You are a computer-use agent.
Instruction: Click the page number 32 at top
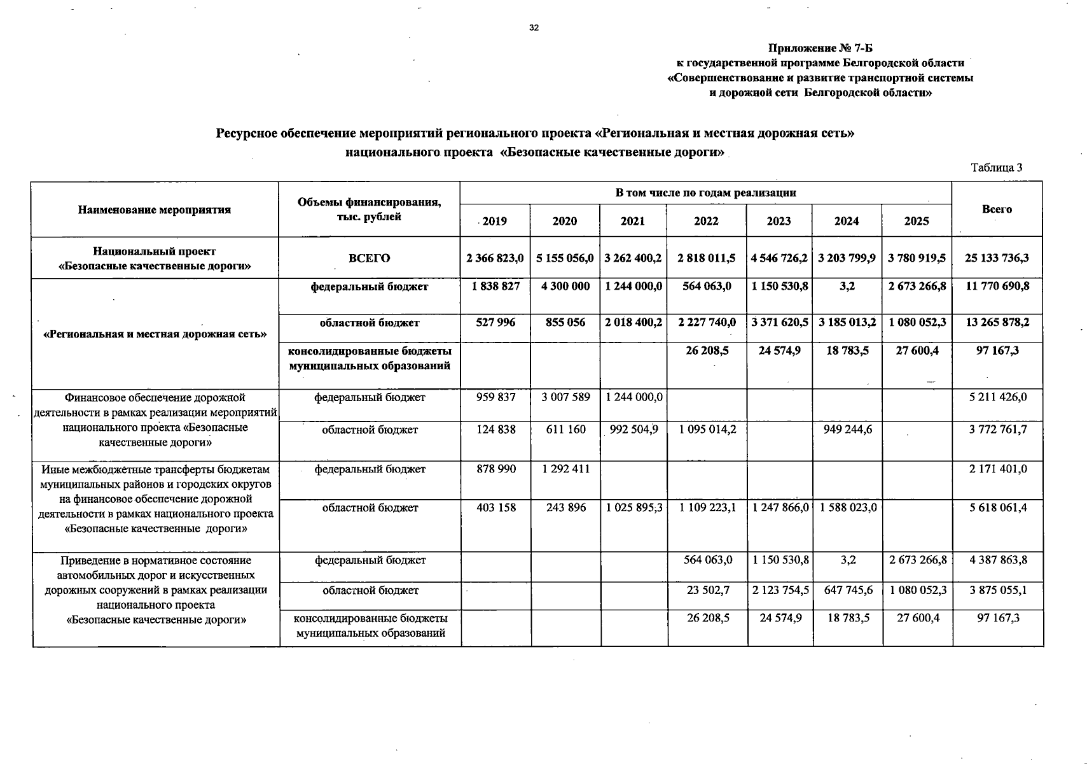pyautogui.click(x=534, y=27)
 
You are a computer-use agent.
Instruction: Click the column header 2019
pyautogui.click(x=495, y=221)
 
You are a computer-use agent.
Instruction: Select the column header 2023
pyautogui.click(x=779, y=221)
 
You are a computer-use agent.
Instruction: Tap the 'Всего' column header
pyautogui.click(x=997, y=209)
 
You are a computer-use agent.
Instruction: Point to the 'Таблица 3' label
pyautogui.click(x=996, y=167)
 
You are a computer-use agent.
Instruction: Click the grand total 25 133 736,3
pyautogui.click(x=997, y=258)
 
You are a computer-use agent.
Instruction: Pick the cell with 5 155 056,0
pyautogui.click(x=565, y=258)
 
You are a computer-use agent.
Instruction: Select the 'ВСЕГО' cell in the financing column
pyautogui.click(x=369, y=258)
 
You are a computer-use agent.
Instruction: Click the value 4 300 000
pyautogui.click(x=565, y=286)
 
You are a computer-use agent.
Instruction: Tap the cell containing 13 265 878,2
pyautogui.click(x=997, y=322)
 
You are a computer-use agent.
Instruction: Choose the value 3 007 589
pyautogui.click(x=565, y=397)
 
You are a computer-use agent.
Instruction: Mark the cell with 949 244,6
pyautogui.click(x=847, y=430)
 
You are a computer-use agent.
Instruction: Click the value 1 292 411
pyautogui.click(x=565, y=469)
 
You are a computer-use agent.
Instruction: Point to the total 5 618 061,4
pyautogui.click(x=997, y=507)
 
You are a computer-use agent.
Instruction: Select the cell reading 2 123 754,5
pyautogui.click(x=780, y=590)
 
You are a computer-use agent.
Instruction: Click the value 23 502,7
pyautogui.click(x=708, y=590)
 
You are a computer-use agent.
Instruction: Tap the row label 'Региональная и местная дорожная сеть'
pyautogui.click(x=155, y=334)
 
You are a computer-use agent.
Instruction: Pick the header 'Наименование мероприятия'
pyautogui.click(x=155, y=209)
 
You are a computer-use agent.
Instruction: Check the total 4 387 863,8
pyautogui.click(x=997, y=560)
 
